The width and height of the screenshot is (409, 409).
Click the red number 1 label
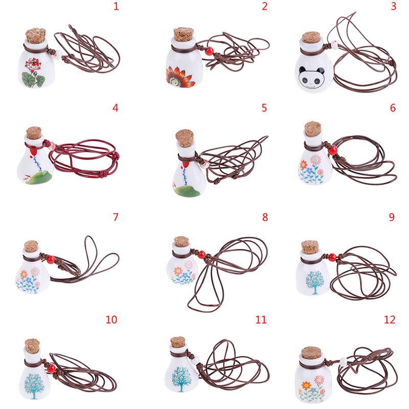coord(117,6)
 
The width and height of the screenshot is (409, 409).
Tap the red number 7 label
coord(116,217)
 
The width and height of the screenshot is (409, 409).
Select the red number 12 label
coord(390,320)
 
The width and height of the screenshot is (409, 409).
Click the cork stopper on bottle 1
coord(36,35)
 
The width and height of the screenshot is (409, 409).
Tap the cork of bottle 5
coord(185,138)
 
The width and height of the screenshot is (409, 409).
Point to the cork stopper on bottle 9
coord(310,247)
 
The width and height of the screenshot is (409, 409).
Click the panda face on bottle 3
coord(311,78)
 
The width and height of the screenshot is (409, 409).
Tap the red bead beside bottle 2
coord(209,51)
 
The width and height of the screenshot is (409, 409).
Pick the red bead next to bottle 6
coord(333,150)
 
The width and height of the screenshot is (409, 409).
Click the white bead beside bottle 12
coord(344,362)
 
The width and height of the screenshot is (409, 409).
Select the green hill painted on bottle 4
coord(40,178)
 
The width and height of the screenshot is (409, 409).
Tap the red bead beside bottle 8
coord(201,255)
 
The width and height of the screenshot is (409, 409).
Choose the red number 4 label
coord(116,108)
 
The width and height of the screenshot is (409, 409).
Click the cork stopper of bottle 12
coord(311,353)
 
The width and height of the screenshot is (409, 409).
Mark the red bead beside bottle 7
coord(51,260)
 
